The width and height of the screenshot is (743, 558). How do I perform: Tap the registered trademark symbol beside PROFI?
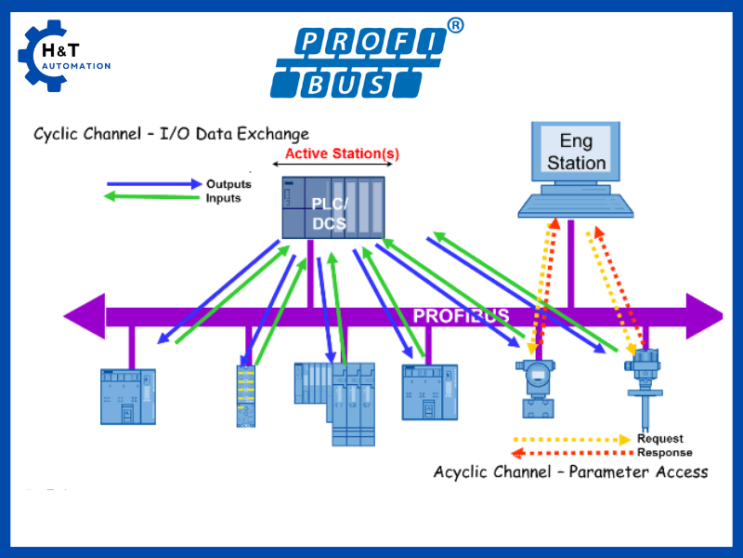point(455,26)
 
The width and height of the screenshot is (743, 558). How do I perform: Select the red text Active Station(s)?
point(341,154)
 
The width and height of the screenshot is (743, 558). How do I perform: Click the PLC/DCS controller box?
point(333,206)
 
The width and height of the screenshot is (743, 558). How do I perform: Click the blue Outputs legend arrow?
point(154,184)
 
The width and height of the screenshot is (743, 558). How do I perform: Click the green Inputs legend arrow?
point(154,197)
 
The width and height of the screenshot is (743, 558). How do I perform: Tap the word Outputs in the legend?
point(228,184)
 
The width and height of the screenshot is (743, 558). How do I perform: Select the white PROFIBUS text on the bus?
point(461,316)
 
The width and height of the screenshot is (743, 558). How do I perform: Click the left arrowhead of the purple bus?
point(84,316)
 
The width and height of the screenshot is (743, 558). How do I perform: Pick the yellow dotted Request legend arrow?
point(572,439)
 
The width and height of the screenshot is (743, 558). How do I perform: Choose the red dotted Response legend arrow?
point(572,453)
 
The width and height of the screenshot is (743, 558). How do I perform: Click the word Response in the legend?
point(664,453)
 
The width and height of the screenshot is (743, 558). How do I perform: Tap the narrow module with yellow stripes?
point(245,396)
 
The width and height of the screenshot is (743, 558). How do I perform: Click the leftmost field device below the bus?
point(128,396)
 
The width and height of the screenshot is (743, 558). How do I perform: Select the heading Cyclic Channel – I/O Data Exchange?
point(171,134)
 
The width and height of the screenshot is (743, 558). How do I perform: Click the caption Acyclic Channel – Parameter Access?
point(570,472)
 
